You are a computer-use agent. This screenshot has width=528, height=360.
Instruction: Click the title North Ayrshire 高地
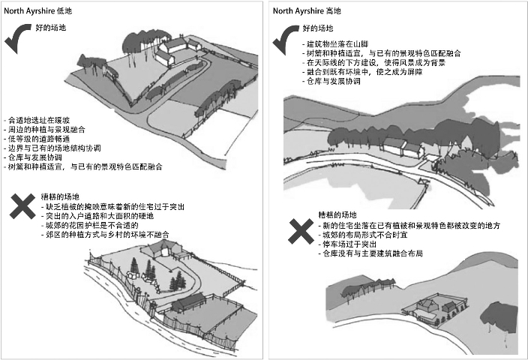coord(307,11)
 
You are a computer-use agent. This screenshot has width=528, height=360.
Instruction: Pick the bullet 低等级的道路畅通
coord(40,138)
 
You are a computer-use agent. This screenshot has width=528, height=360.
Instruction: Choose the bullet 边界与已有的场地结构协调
coord(54,147)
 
